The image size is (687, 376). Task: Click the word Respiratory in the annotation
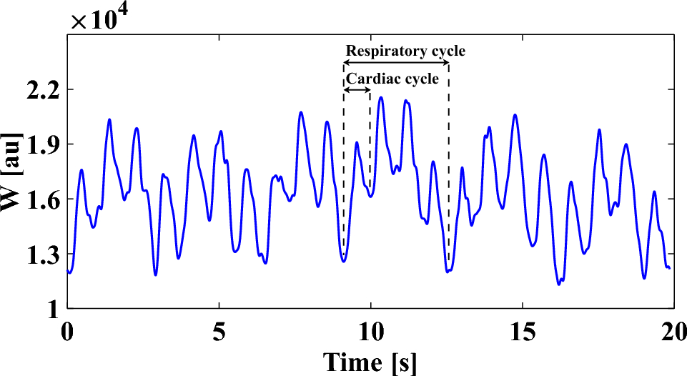[x=378, y=51]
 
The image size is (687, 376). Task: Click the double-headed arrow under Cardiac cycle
[x=357, y=90]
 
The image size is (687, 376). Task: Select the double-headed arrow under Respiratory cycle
[x=396, y=64]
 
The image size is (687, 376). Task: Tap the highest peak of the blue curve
[x=381, y=97]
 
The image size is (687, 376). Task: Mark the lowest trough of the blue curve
[x=559, y=285]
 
